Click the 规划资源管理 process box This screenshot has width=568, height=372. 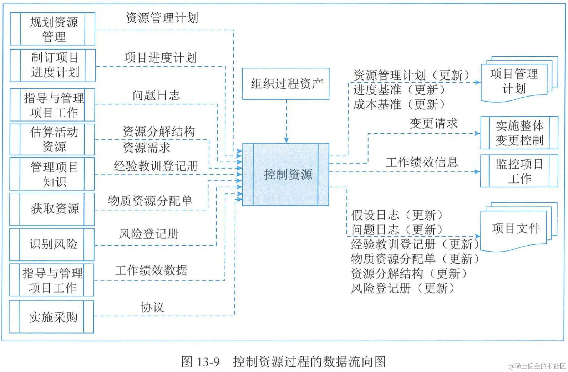point(53,29)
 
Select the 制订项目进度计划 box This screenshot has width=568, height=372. point(53,65)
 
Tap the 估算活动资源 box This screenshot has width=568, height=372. point(53,139)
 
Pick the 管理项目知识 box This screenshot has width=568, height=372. point(53,174)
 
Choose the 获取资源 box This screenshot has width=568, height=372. point(53,209)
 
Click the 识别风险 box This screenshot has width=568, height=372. point(53,244)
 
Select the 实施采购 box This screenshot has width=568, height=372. point(53,317)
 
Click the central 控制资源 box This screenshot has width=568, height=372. point(285,175)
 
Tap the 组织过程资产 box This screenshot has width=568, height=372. point(285,84)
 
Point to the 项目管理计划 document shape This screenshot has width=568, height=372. point(514,81)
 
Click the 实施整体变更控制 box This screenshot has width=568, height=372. point(519,133)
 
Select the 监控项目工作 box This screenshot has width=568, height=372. point(519,171)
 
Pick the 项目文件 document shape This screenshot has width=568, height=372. point(515,228)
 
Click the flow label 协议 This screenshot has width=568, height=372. point(152,307)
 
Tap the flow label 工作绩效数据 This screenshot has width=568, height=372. point(151,270)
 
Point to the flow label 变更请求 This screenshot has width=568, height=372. point(433,124)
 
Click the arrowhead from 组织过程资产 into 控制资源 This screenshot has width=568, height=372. point(286,140)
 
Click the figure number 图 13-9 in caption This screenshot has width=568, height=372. point(200,362)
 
